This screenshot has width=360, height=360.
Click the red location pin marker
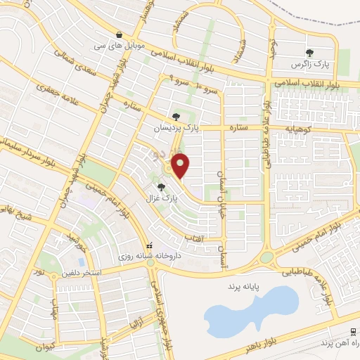click(x=182, y=166)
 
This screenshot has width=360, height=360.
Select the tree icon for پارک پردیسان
click(x=176, y=117)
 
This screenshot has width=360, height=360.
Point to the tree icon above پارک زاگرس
click(x=309, y=52)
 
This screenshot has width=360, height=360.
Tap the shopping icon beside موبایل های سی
click(x=120, y=34)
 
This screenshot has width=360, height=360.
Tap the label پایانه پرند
click(x=244, y=288)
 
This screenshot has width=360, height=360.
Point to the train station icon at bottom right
click(x=352, y=331)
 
